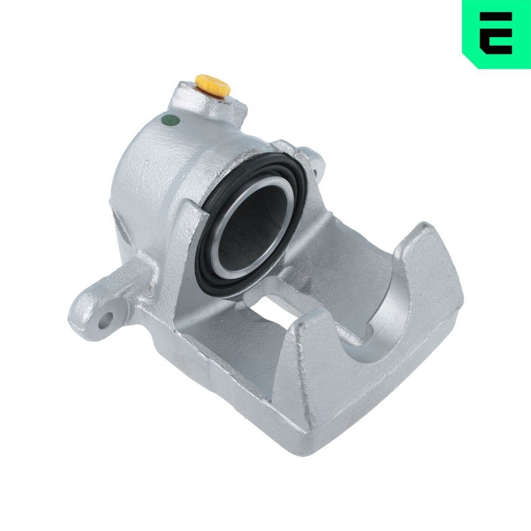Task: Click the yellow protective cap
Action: tap(212, 85)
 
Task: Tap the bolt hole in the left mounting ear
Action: tap(108, 318)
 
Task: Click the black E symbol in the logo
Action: tap(496, 33)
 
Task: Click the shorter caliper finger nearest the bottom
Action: tap(303, 372)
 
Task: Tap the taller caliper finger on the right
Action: tap(425, 276)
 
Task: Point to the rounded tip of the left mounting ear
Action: tap(80, 319)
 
